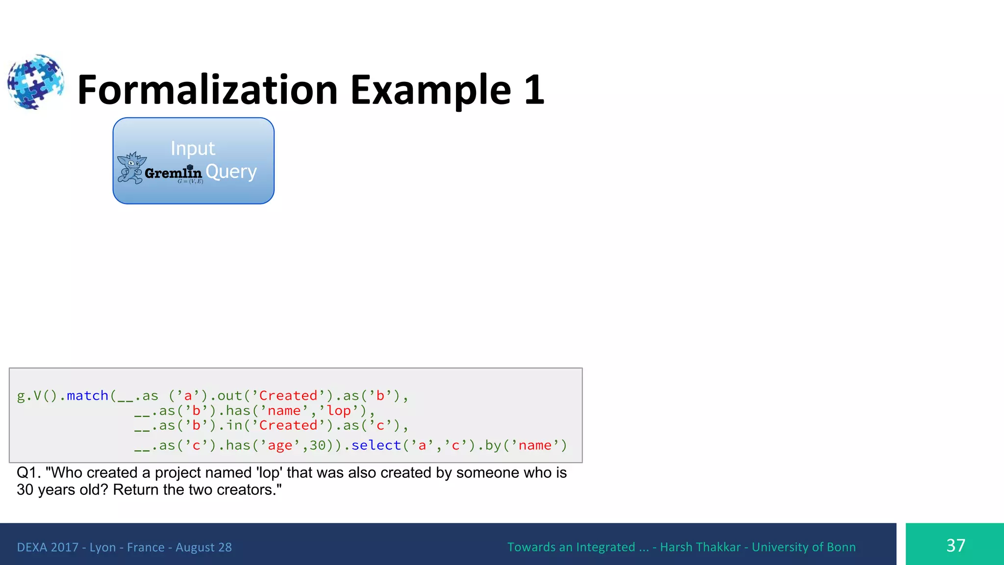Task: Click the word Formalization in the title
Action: click(207, 90)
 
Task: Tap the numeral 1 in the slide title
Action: click(534, 90)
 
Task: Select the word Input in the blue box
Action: click(193, 148)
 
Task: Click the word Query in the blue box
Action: click(231, 172)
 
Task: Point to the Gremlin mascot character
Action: click(131, 168)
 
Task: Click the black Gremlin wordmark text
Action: click(174, 173)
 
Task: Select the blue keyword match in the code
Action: click(87, 395)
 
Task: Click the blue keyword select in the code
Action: click(376, 445)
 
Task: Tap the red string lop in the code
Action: click(339, 411)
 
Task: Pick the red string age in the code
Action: click(280, 445)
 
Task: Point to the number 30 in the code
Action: click(318, 445)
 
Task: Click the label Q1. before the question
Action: click(28, 472)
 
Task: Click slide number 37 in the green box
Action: click(955, 545)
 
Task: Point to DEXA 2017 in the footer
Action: click(48, 547)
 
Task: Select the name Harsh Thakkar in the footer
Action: click(700, 547)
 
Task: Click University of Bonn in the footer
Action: click(803, 547)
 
